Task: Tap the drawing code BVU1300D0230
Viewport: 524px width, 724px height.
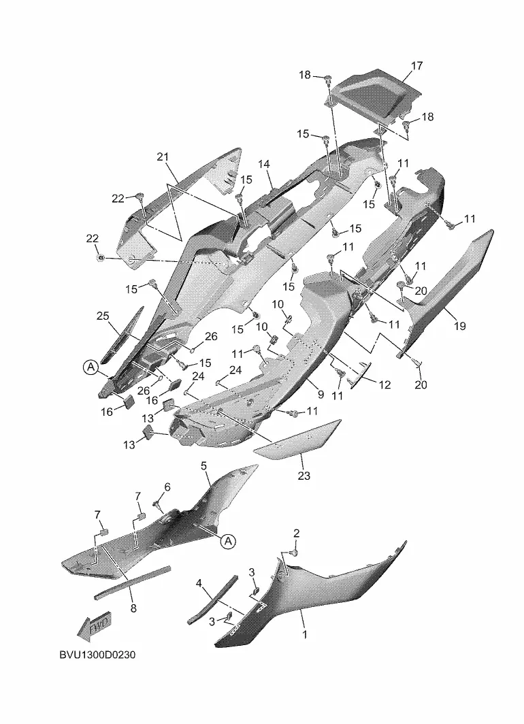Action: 97,655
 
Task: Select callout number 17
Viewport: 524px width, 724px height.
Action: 417,66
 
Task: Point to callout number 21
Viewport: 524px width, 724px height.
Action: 163,157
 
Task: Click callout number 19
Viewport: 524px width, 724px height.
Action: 460,326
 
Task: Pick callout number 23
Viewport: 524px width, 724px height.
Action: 304,475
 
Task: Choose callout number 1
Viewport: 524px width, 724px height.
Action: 305,634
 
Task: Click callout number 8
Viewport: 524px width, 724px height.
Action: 133,608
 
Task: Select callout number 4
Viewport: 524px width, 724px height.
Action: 199,583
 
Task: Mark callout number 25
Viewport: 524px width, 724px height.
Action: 103,316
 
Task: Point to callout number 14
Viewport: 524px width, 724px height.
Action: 263,164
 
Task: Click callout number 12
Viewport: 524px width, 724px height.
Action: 384,384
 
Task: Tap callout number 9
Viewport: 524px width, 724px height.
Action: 321,395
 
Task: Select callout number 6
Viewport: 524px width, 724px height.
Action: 167,487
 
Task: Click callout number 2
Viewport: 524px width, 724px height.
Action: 297,533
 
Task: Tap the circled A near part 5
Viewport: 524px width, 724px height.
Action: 228,541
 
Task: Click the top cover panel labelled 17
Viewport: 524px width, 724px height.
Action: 370,95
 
